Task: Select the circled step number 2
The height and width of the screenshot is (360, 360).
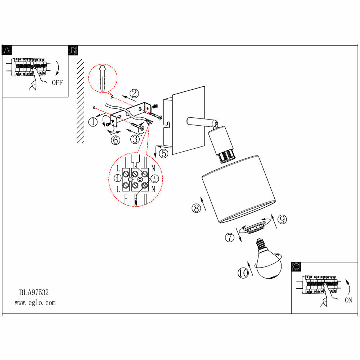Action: point(134,94)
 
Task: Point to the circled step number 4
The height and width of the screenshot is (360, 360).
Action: point(118,178)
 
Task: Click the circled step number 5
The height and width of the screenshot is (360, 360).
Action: point(163,154)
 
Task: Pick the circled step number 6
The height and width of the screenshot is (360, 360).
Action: point(115,140)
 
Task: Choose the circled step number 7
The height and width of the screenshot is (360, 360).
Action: point(229,238)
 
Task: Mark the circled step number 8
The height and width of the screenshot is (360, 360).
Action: point(196,208)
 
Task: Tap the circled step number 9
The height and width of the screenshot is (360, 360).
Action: point(282,219)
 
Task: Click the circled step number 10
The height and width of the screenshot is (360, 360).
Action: point(243,273)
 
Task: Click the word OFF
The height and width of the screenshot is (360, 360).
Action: point(57,83)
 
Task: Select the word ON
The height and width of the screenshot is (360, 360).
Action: point(348,300)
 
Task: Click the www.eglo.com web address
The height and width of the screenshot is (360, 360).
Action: point(35,303)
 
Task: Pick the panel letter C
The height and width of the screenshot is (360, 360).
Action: point(296,267)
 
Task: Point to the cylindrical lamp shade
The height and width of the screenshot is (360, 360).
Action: point(239,189)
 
